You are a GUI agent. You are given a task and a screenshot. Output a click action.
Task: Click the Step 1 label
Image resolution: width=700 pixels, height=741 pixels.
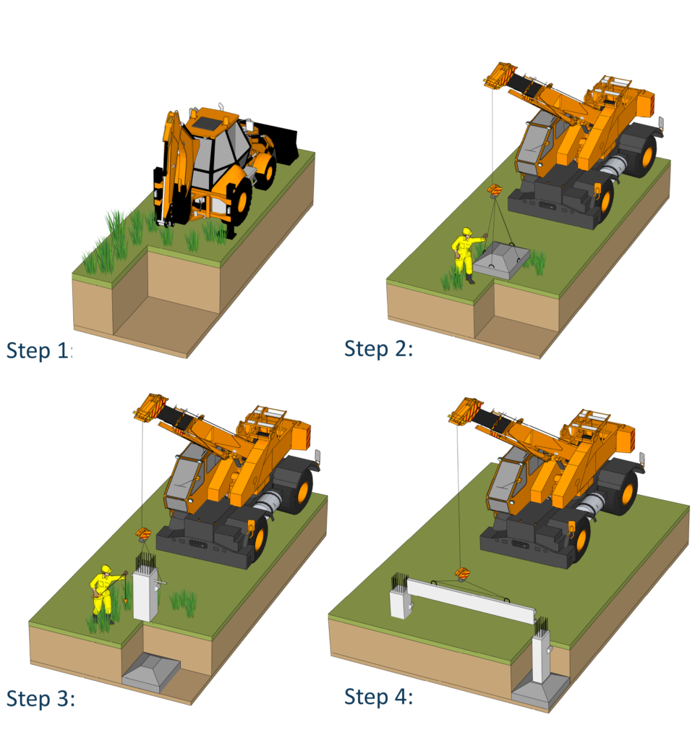click(39, 351)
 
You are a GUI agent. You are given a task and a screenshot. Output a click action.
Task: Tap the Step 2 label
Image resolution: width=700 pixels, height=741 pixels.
click(379, 349)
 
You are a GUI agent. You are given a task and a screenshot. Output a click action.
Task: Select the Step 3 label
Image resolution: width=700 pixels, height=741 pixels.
click(40, 698)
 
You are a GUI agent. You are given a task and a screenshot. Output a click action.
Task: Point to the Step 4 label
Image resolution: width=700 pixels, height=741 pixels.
click(379, 697)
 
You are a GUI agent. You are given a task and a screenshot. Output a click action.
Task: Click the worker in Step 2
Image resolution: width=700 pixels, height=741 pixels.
click(466, 255)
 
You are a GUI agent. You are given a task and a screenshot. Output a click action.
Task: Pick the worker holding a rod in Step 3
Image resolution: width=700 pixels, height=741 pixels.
click(105, 594)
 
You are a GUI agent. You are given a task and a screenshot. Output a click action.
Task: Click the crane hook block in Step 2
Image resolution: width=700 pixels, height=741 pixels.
click(495, 191)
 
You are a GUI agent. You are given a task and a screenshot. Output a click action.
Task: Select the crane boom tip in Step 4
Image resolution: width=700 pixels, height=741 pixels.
click(465, 412)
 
